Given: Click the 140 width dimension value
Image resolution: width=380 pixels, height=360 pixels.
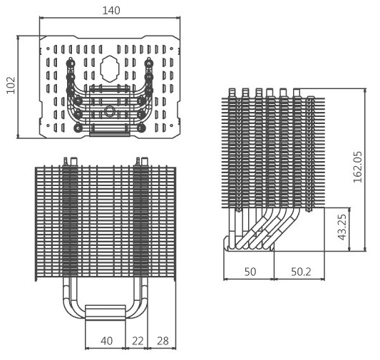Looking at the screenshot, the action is [x=111, y=11].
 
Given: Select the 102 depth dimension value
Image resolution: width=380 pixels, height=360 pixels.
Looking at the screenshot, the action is [x=11, y=86].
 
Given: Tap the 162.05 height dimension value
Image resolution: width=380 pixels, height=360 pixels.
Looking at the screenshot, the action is [x=357, y=167].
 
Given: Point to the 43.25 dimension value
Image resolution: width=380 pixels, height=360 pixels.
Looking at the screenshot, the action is [x=343, y=227].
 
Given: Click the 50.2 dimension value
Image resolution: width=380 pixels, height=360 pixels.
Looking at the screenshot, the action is [x=301, y=272].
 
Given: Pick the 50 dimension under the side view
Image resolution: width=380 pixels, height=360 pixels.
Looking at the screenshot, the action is [x=250, y=272].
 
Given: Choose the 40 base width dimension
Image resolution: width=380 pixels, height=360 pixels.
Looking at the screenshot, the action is [x=107, y=341].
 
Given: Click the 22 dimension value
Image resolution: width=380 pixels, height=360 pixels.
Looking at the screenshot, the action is [x=138, y=341].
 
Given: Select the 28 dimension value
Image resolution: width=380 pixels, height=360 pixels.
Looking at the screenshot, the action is [x=163, y=341].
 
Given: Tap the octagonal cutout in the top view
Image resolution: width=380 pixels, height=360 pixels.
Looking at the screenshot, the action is [x=110, y=69].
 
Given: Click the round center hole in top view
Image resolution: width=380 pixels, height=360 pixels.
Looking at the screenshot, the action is [x=110, y=111].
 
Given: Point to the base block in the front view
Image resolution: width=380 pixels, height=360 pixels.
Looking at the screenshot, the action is [x=106, y=312].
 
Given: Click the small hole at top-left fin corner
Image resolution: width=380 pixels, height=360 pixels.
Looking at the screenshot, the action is [x=48, y=48].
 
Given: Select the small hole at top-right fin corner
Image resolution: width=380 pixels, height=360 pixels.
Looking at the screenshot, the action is [x=172, y=48].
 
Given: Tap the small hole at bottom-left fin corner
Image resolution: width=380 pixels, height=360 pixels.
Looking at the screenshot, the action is [x=48, y=125].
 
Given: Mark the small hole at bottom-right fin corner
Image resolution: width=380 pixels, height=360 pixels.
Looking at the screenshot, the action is [x=172, y=125].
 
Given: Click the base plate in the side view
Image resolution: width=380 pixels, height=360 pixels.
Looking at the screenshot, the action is [x=250, y=244].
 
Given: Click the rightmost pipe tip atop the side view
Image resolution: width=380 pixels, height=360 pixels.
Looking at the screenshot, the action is [x=297, y=93].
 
